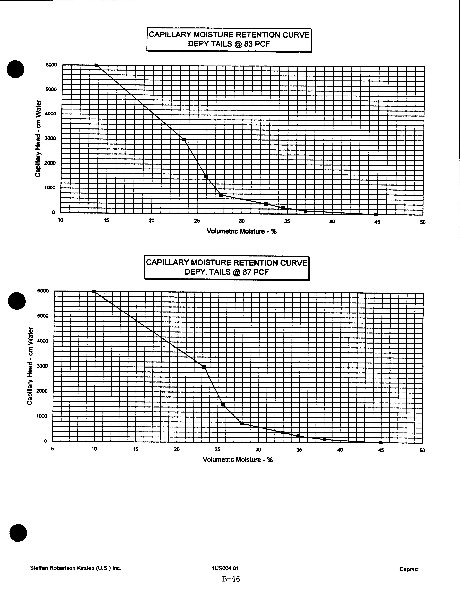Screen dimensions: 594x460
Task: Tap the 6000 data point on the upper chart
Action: click(x=96, y=65)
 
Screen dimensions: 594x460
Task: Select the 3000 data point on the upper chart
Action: click(x=184, y=140)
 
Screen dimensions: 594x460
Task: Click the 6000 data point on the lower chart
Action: click(x=94, y=291)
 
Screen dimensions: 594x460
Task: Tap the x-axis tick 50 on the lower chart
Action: click(x=422, y=450)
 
